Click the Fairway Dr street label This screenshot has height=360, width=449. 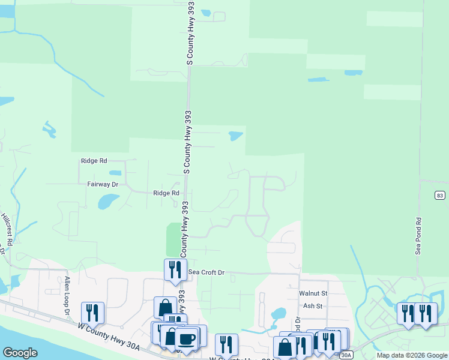point(103,185)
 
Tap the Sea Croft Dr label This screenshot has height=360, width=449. point(206,272)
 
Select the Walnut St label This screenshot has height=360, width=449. point(313,293)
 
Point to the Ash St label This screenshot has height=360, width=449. point(313,305)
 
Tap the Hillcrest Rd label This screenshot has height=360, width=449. point(7,230)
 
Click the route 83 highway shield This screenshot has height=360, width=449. point(440,196)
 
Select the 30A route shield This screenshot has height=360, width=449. point(346,355)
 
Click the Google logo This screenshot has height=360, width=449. point(20,353)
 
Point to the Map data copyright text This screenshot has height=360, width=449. point(411,355)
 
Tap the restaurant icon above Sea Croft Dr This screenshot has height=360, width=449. point(175,269)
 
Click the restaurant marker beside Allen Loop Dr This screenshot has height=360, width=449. point(92,312)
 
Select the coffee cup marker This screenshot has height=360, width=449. point(187,337)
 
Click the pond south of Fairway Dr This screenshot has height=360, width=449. point(107,200)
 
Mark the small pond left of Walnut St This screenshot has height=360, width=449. point(278,313)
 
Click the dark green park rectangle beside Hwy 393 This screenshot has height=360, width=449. point(173,239)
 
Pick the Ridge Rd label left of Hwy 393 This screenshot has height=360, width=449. point(166,193)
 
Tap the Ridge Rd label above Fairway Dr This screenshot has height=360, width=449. point(94,161)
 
